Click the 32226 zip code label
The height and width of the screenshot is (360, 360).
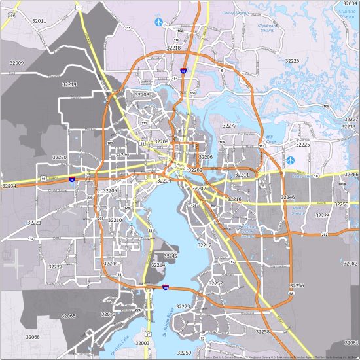coord(292,61)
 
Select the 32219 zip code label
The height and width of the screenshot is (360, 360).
coord(69,84)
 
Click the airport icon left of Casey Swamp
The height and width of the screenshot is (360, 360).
coord(159,22)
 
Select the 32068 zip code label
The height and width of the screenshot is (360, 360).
coord(33,337)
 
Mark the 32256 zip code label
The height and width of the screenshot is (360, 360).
coord(297,286)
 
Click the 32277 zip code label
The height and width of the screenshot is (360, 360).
coord(229,125)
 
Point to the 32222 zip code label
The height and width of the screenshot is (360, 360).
coord(55,266)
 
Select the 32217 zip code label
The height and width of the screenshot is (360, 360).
coord(205,245)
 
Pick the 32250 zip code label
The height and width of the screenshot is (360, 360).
coord(342,204)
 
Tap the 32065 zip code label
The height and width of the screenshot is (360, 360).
coord(69,316)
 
